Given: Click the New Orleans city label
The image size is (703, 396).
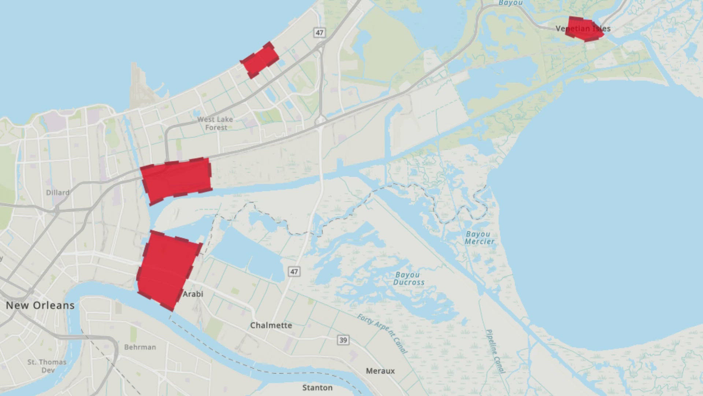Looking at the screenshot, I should (x=40, y=305).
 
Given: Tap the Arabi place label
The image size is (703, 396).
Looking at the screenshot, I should (x=193, y=294).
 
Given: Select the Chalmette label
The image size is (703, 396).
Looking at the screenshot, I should (x=271, y=325).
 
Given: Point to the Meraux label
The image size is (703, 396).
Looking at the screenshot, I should (x=380, y=371).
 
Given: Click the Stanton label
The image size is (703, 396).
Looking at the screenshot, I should (x=317, y=388).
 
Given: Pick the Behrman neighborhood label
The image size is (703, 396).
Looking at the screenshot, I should (x=140, y=347).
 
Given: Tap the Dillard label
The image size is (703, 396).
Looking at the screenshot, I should (x=58, y=192).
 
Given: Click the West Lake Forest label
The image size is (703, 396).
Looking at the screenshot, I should (x=215, y=124).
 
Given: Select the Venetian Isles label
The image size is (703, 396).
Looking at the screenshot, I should (x=583, y=29).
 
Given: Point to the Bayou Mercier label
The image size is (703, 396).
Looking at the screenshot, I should (x=479, y=238).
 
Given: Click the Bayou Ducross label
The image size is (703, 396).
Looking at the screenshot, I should (x=409, y=279).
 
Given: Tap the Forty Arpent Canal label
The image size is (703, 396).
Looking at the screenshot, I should (x=382, y=334).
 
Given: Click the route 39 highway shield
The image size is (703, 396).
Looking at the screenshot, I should (x=343, y=340).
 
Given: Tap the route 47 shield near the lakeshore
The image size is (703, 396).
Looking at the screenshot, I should (x=319, y=33).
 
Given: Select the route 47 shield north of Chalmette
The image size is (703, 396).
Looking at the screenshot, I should (x=294, y=271).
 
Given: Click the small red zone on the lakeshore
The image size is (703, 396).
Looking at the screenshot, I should (x=260, y=60).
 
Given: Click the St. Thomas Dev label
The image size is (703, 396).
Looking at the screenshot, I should (x=47, y=366).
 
